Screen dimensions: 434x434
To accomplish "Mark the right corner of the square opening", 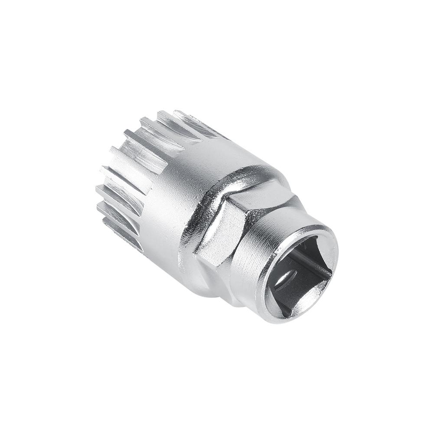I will tap(332, 271).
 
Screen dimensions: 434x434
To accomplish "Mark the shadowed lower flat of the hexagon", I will tap(217, 282).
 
